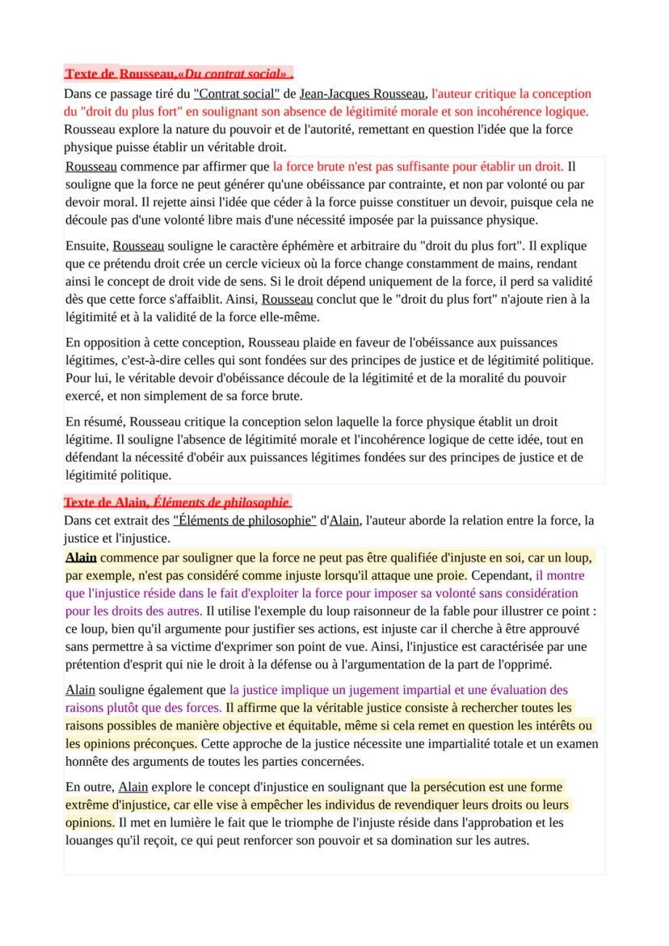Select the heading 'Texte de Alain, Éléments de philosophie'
click(177, 502)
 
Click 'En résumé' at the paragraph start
click(94, 421)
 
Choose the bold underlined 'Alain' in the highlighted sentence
click(81, 557)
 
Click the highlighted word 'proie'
click(448, 576)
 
